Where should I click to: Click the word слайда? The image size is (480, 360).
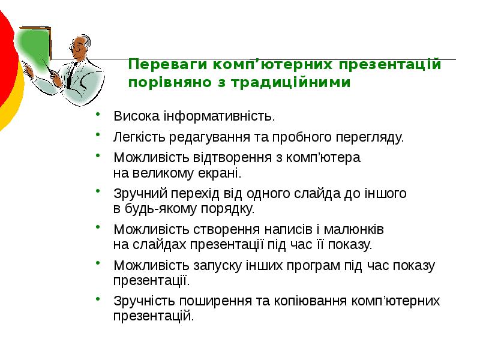click(319, 194)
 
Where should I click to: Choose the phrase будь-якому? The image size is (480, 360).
click(156, 209)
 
